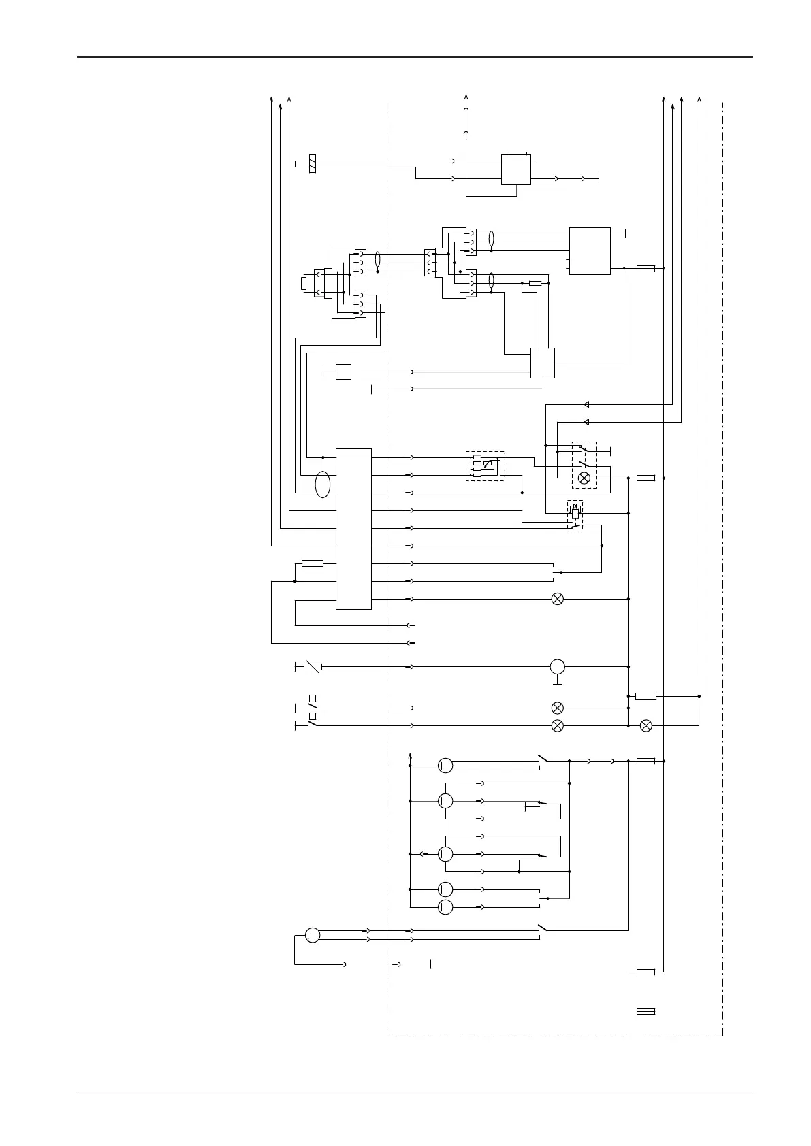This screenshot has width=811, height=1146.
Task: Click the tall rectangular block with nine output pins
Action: [x=353, y=529]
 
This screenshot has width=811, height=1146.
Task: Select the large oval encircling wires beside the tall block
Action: [x=323, y=485]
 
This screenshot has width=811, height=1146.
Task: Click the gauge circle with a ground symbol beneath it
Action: [x=557, y=666]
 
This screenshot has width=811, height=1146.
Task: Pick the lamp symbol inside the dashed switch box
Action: [x=584, y=478]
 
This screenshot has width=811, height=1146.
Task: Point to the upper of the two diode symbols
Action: [x=586, y=404]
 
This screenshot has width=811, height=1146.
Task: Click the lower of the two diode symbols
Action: [x=586, y=422]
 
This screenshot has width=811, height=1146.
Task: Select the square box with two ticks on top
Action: [x=515, y=169]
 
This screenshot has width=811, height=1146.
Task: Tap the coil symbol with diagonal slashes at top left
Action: [x=313, y=163]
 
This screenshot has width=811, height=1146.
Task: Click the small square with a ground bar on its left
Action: [x=343, y=372]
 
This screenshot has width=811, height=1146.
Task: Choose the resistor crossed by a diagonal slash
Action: [x=312, y=667]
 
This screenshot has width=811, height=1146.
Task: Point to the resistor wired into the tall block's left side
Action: [x=312, y=563]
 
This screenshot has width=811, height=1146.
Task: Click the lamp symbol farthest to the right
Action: [x=646, y=725]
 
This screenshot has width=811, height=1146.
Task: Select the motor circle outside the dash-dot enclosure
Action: [x=312, y=934]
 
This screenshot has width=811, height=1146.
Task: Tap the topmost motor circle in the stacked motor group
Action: [x=445, y=766]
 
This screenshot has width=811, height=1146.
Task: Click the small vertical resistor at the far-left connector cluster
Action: [x=304, y=283]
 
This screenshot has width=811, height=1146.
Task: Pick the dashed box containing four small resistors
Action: [x=485, y=466]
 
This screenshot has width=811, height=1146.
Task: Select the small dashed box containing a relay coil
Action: [x=575, y=515]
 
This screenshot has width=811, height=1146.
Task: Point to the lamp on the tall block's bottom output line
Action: [x=557, y=599]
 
